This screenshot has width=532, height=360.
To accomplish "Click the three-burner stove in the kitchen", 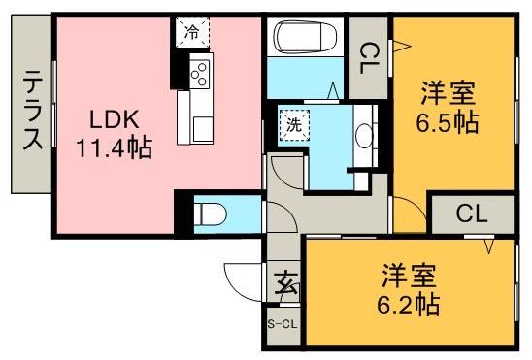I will point(199,74).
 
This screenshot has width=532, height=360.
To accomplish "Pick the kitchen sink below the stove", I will point(201,126).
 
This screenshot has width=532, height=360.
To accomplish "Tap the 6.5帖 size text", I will point(448,123).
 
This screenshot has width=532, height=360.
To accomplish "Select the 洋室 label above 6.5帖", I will point(448,96).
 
